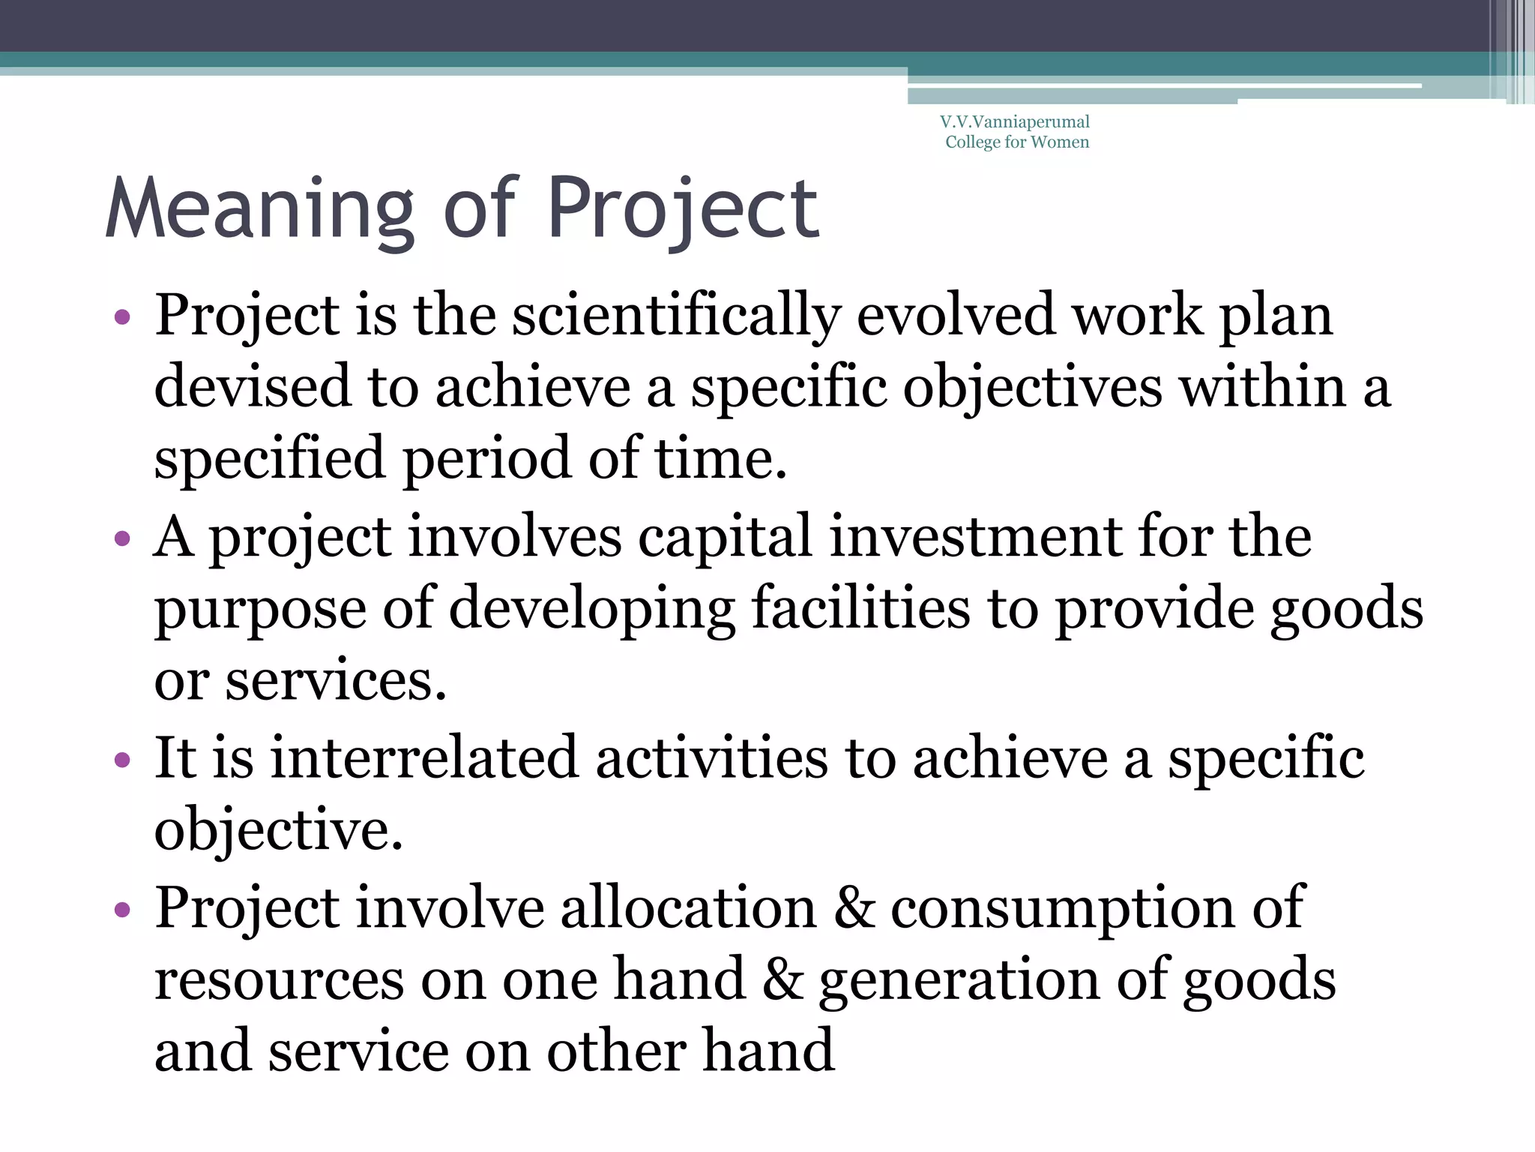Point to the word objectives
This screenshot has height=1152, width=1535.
click(1032, 388)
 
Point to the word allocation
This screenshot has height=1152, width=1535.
click(688, 907)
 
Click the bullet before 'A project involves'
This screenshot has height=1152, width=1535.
click(122, 538)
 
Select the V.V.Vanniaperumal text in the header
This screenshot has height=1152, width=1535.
click(1015, 121)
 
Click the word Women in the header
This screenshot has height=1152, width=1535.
click(1060, 142)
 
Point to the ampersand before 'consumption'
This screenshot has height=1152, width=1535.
click(854, 907)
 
